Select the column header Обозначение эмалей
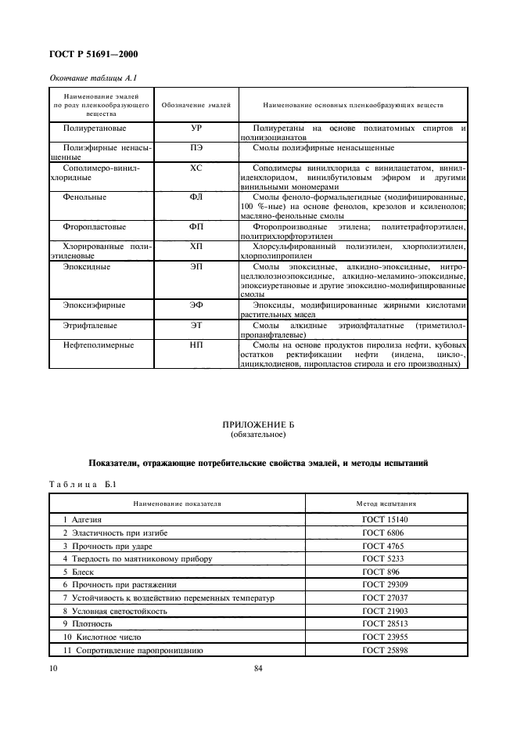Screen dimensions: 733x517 click(196, 104)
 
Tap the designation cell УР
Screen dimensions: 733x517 click(196, 128)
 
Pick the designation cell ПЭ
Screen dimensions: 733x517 click(196, 147)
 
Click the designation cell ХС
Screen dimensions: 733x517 click(196, 168)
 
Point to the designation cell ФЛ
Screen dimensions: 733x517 click(196, 197)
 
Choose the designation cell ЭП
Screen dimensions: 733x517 click(196, 267)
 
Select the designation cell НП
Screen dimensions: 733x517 click(196, 345)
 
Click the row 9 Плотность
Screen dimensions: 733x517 click(88, 624)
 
